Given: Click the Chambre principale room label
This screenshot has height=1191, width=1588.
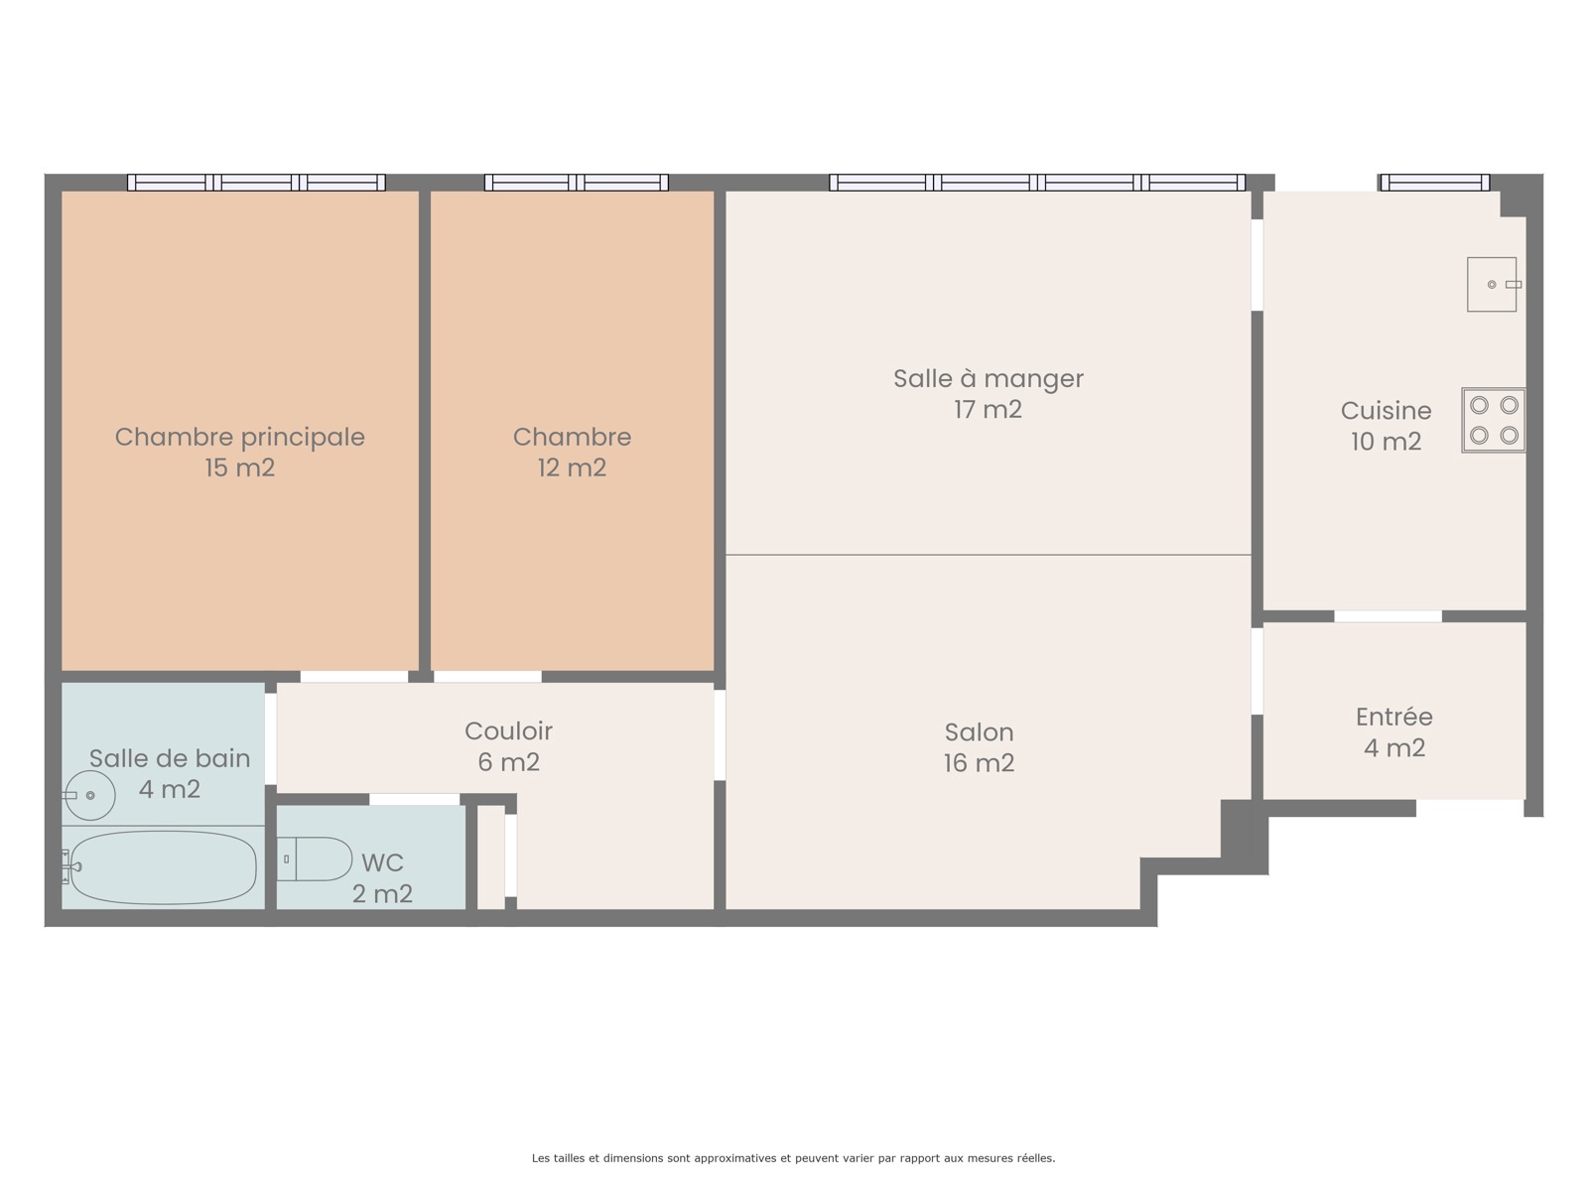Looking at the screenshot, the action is pyautogui.click(x=239, y=437).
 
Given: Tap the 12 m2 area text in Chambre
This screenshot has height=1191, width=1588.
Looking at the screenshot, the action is pyautogui.click(x=572, y=467).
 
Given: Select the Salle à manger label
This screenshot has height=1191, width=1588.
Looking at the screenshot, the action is pyautogui.click(x=989, y=378).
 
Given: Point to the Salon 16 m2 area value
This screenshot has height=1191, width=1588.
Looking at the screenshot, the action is pyautogui.click(x=979, y=763).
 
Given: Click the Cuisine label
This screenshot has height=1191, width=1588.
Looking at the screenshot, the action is pyautogui.click(x=1386, y=410).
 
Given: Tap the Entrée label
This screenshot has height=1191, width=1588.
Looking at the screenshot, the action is pyautogui.click(x=1394, y=716).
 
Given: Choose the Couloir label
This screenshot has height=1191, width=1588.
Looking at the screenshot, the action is pyautogui.click(x=508, y=730).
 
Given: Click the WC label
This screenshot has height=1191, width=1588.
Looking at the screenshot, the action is pyautogui.click(x=382, y=861).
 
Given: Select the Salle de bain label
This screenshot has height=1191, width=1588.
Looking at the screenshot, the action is pyautogui.click(x=170, y=758).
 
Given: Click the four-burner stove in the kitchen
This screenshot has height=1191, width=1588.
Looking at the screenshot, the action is pyautogui.click(x=1494, y=420).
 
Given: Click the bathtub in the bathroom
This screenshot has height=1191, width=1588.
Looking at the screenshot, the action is pyautogui.click(x=162, y=867).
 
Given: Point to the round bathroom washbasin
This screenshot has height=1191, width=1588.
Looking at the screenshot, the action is pyautogui.click(x=89, y=795).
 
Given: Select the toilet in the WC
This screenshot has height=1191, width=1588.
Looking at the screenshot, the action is pyautogui.click(x=314, y=860).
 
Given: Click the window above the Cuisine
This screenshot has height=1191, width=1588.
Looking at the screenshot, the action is pyautogui.click(x=1434, y=183).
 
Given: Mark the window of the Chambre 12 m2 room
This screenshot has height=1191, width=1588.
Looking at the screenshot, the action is pyautogui.click(x=576, y=183).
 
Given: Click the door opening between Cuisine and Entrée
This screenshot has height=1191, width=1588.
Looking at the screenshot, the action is pyautogui.click(x=1388, y=616).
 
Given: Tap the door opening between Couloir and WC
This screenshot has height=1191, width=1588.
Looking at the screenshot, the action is pyautogui.click(x=415, y=799).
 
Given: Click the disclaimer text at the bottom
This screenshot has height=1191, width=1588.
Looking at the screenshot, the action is pyautogui.click(x=793, y=1157).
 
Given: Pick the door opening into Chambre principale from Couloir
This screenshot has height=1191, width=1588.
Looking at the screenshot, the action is pyautogui.click(x=354, y=677).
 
